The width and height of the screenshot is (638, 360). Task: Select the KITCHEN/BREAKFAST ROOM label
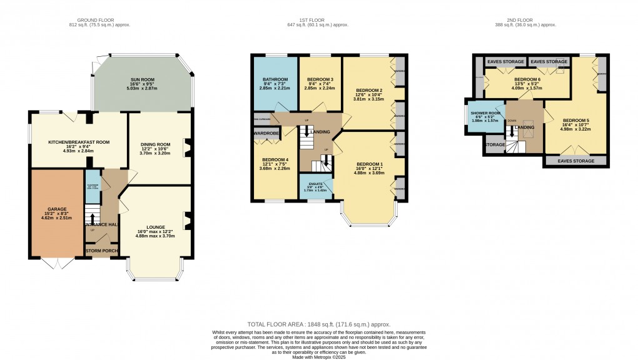[x=79, y=142]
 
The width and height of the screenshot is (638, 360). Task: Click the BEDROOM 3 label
[x=320, y=80]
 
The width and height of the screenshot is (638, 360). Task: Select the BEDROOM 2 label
[x=368, y=90]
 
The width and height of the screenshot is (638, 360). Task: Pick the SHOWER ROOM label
[x=486, y=113]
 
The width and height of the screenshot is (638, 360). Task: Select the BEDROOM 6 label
[x=527, y=80]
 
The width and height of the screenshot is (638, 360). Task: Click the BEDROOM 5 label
[x=575, y=120]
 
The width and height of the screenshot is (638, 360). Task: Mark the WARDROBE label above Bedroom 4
[x=266, y=133]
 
